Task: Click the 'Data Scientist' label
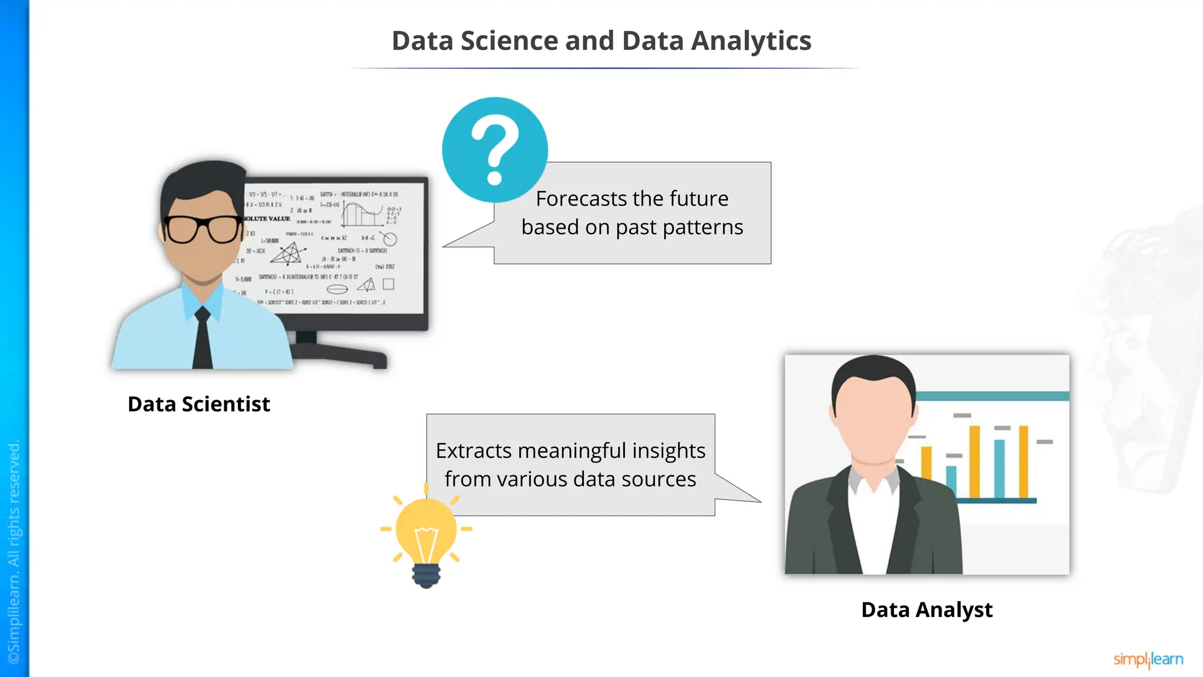[199, 404]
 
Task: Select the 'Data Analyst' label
[926, 610]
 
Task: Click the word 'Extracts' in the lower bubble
[473, 451]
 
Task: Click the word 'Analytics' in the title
[751, 41]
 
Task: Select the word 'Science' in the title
[509, 41]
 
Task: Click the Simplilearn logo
[1148, 659]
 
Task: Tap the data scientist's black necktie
[203, 341]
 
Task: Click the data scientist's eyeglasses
[203, 229]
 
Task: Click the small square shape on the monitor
[388, 284]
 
